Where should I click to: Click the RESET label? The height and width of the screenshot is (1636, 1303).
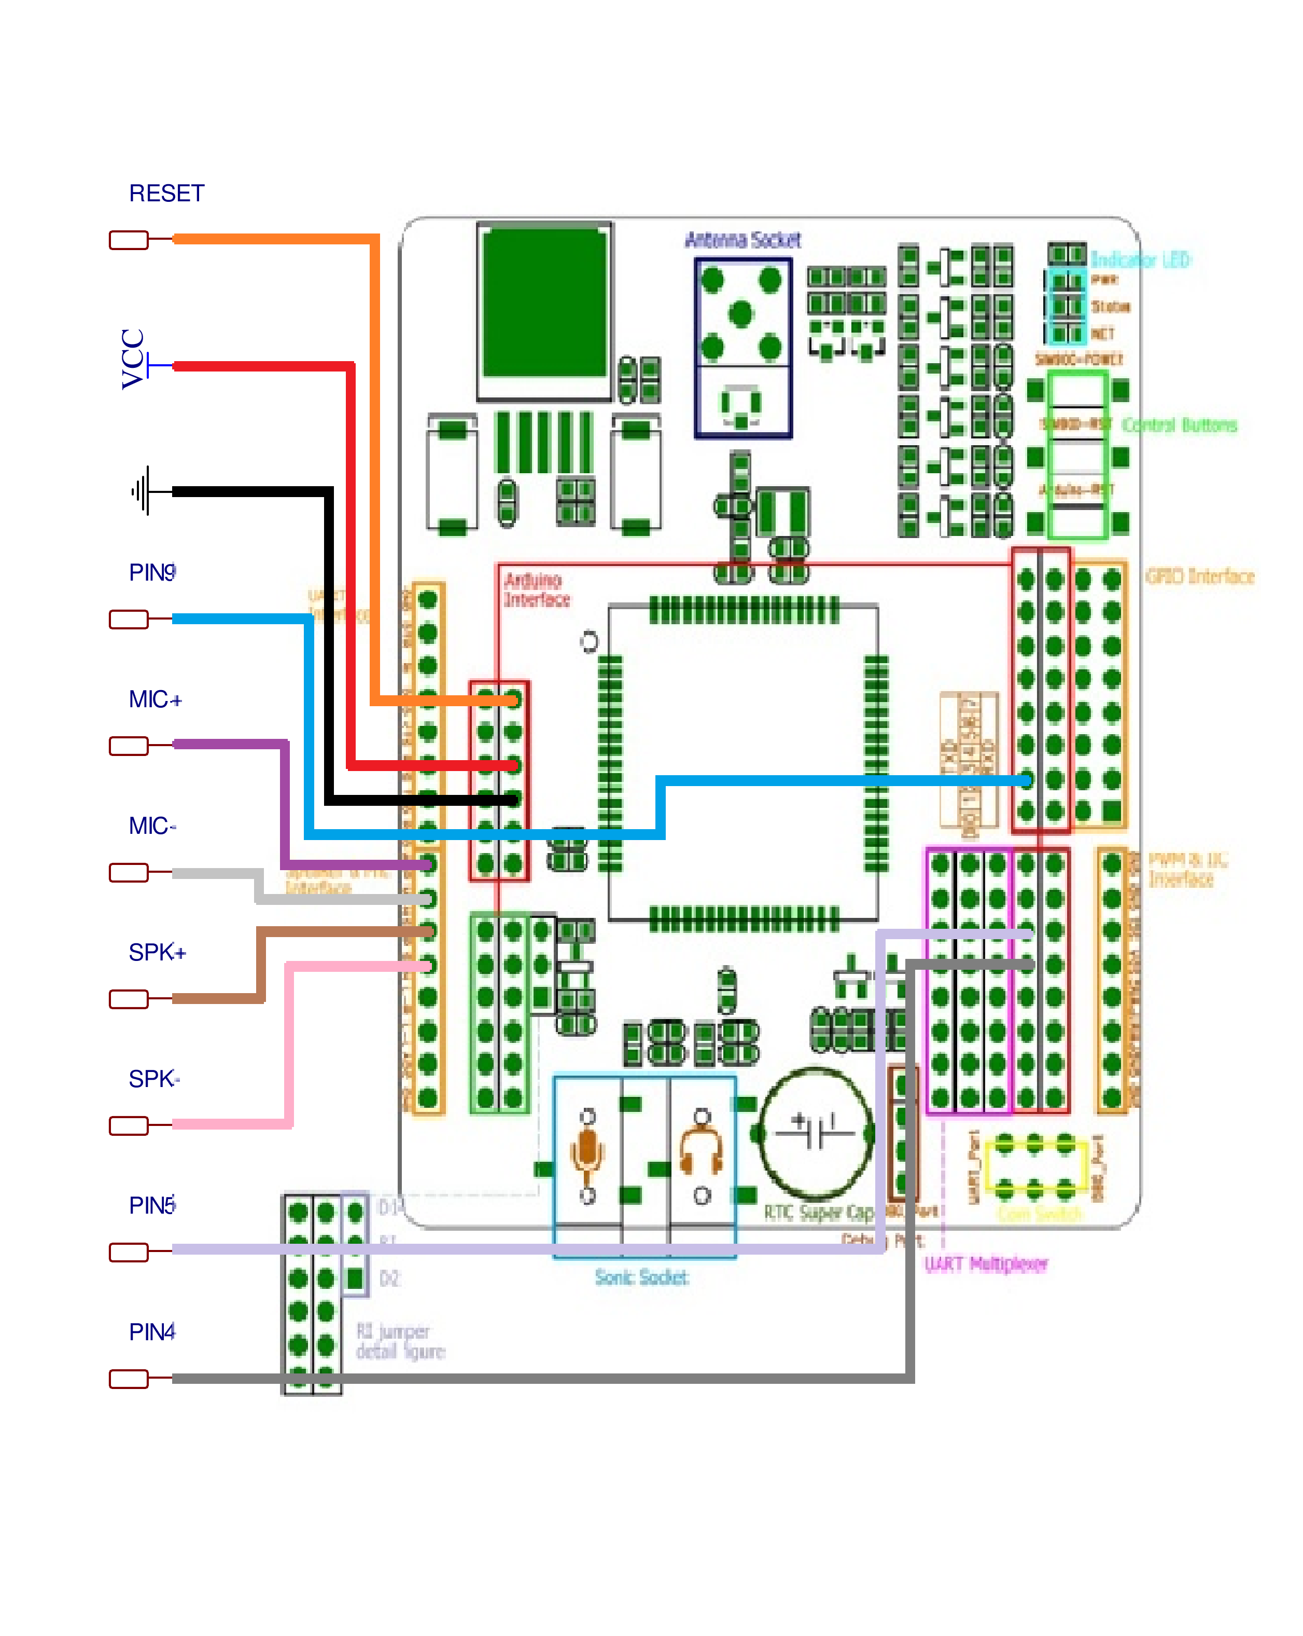[166, 194]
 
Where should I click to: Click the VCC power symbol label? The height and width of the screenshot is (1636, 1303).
[133, 359]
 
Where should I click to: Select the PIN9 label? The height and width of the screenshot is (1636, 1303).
[152, 573]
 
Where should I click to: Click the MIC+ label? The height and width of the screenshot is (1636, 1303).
[155, 699]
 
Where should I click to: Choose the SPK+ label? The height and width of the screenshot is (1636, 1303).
[156, 952]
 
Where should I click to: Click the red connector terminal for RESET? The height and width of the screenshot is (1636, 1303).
[128, 240]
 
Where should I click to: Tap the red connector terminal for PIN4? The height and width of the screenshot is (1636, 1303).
[128, 1379]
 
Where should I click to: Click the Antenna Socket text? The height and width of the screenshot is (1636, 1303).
[742, 241]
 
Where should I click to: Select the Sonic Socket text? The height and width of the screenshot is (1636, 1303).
[641, 1278]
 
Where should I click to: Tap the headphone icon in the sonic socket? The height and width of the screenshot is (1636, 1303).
[702, 1153]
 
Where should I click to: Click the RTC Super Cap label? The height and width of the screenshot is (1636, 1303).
[818, 1213]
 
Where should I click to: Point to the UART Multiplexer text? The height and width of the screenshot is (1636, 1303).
[985, 1264]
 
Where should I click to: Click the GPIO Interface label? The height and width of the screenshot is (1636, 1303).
[1199, 576]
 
